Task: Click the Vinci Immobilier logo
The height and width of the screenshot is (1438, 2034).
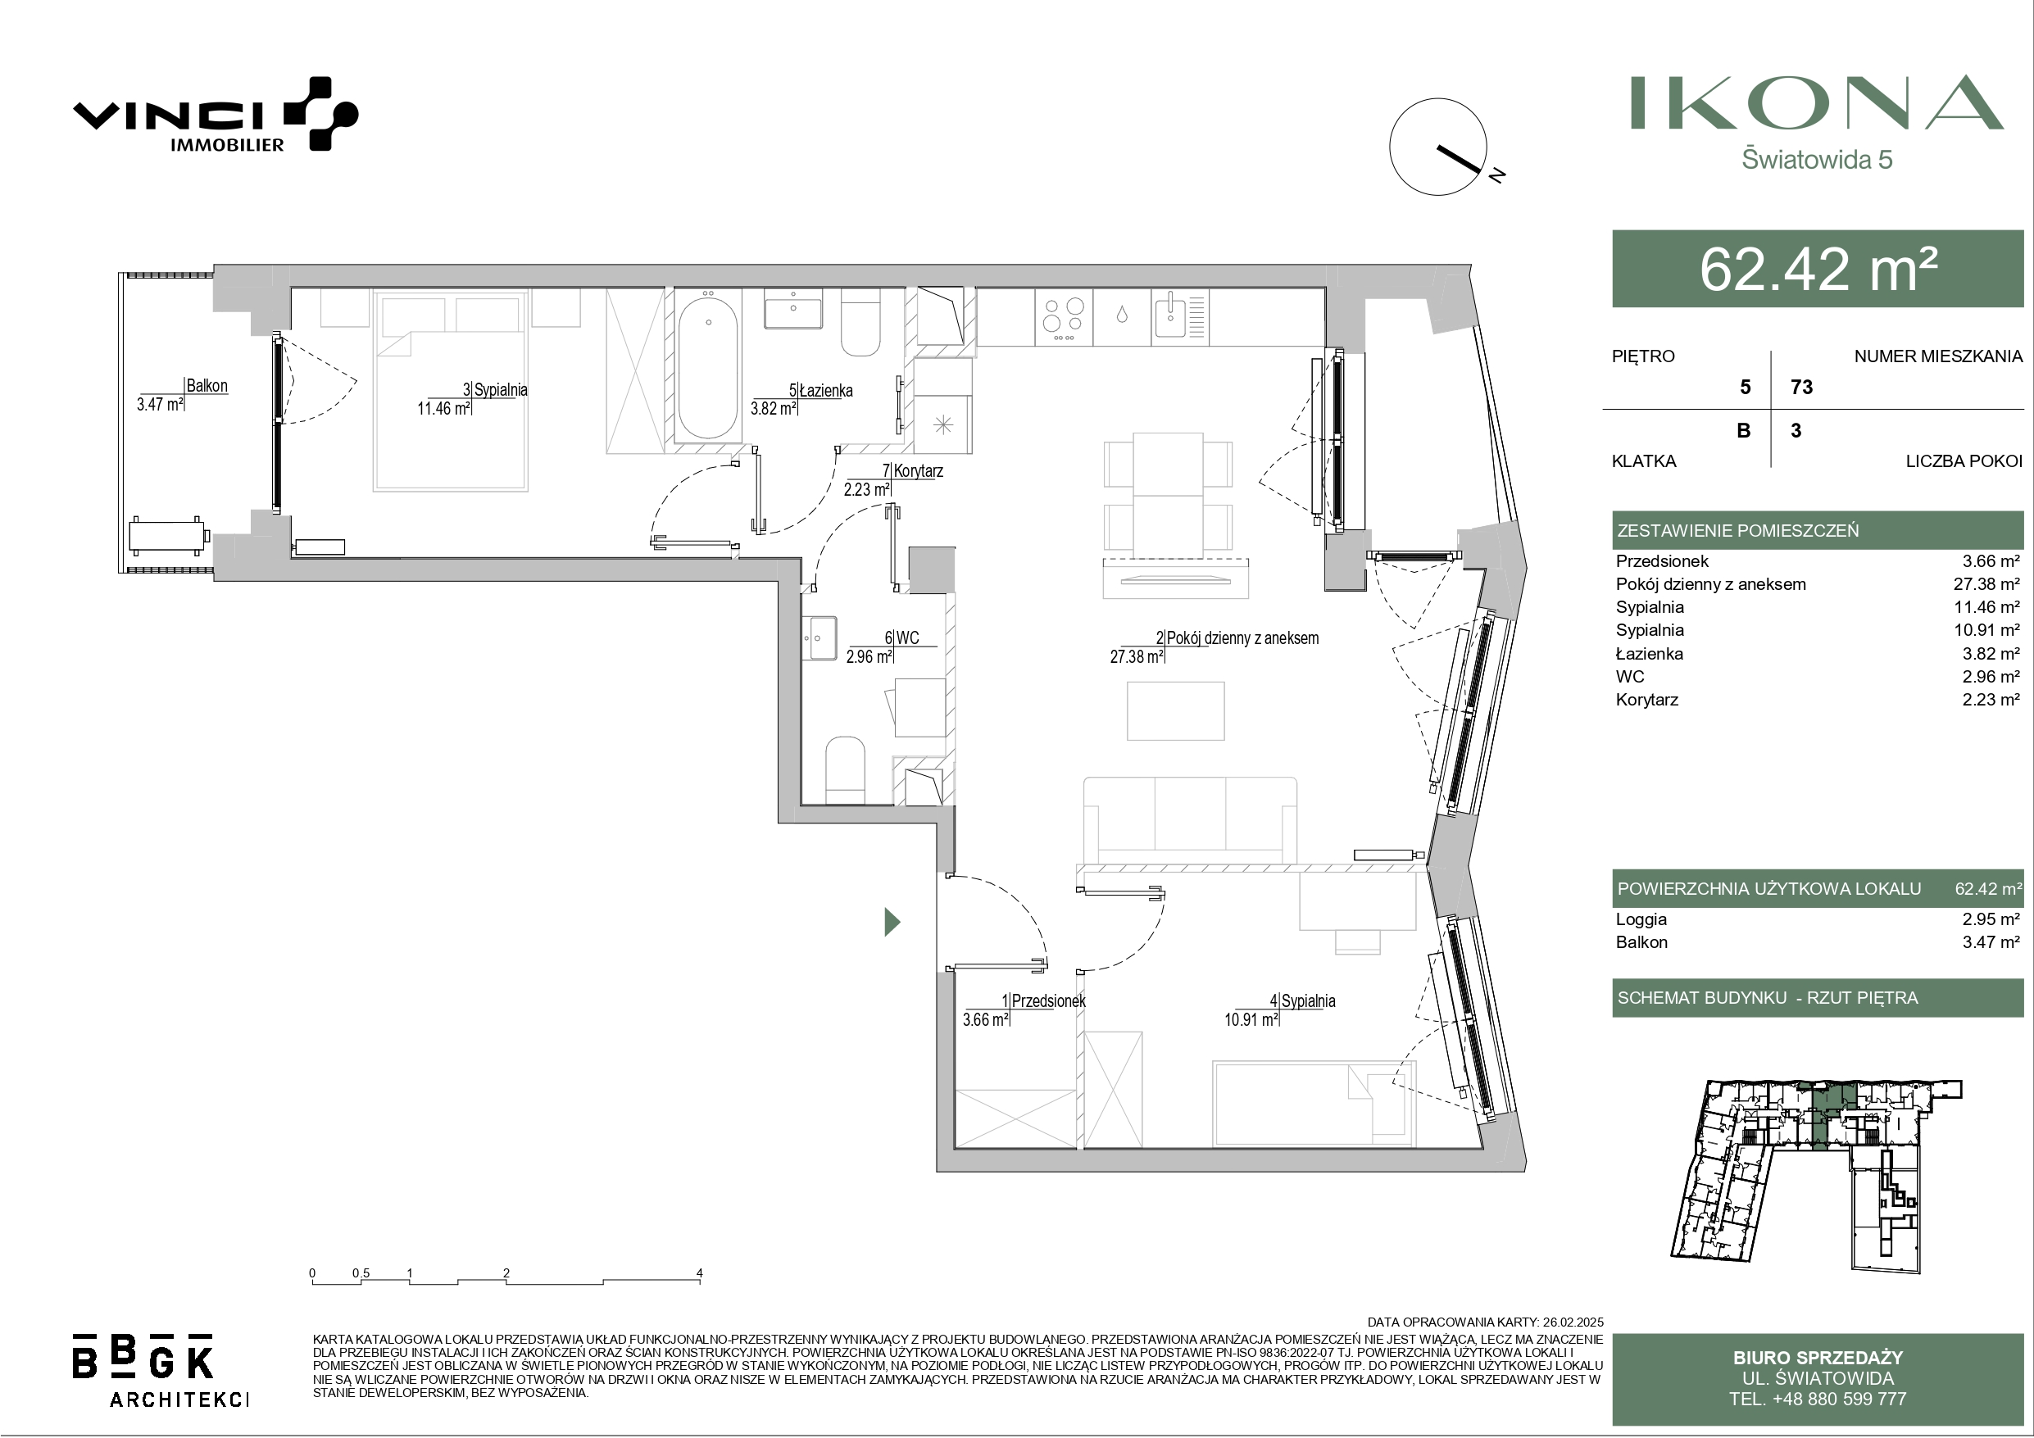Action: click(216, 116)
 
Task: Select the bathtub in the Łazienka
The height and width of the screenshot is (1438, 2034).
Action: click(707, 367)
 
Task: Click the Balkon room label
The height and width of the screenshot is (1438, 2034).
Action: click(207, 385)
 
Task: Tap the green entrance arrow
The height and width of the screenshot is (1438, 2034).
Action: click(892, 923)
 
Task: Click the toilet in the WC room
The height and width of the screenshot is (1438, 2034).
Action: click(845, 769)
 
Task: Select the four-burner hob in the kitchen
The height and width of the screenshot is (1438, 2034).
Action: click(1063, 317)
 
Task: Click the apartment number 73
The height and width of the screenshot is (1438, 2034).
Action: click(1801, 388)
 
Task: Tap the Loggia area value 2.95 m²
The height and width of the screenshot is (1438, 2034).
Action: click(1991, 919)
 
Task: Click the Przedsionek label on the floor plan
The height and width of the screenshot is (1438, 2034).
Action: click(1048, 1000)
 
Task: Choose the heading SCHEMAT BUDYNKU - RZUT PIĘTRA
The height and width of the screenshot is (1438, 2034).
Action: click(1768, 998)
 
